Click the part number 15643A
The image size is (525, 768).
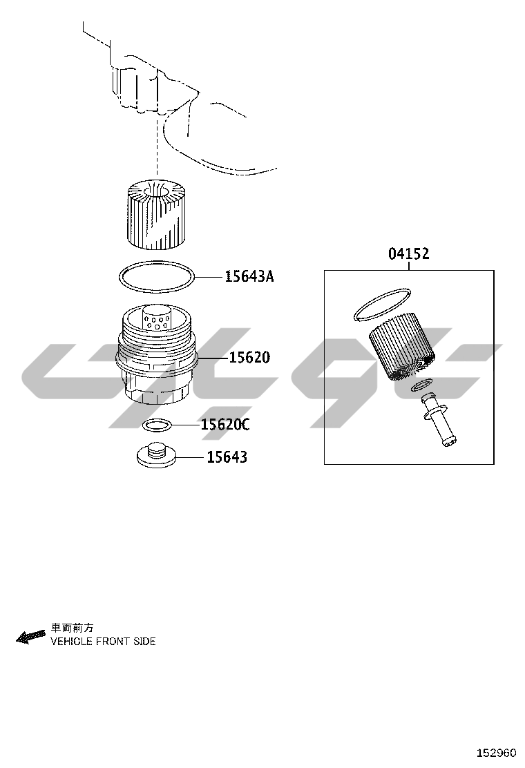click(x=249, y=277)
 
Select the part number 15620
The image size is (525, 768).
click(x=250, y=358)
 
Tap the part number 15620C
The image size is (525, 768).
click(x=225, y=424)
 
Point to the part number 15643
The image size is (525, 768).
click(x=227, y=457)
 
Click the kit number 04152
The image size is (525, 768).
click(x=409, y=253)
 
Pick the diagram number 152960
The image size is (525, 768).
click(x=497, y=752)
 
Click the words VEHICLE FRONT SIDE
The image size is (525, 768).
click(x=103, y=641)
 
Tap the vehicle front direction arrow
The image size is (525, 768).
click(x=30, y=636)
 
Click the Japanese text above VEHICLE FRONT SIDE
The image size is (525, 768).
click(x=72, y=628)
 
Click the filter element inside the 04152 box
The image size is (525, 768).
click(x=401, y=349)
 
